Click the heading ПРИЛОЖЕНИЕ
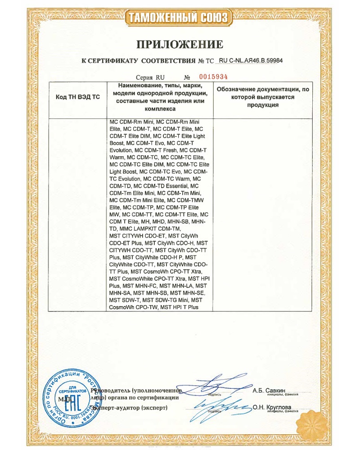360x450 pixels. (x=180, y=44)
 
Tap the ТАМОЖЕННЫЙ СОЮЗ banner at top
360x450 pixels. (x=180, y=18)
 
